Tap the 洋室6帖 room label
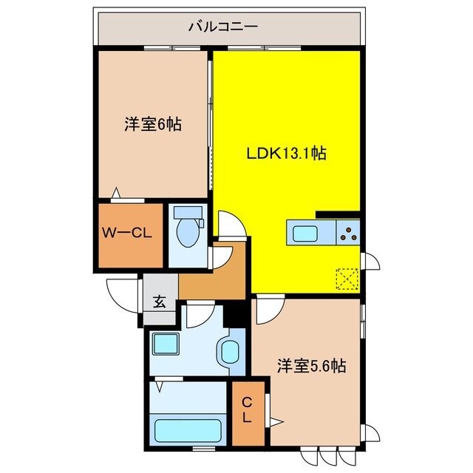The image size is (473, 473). click(153, 124)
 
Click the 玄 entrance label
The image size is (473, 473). click(160, 302)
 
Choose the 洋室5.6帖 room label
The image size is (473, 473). click(313, 365)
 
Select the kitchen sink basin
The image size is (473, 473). click(306, 234)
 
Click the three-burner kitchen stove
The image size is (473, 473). click(347, 234)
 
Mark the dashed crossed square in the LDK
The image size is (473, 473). click(347, 279)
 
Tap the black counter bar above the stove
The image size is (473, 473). click(338, 215)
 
